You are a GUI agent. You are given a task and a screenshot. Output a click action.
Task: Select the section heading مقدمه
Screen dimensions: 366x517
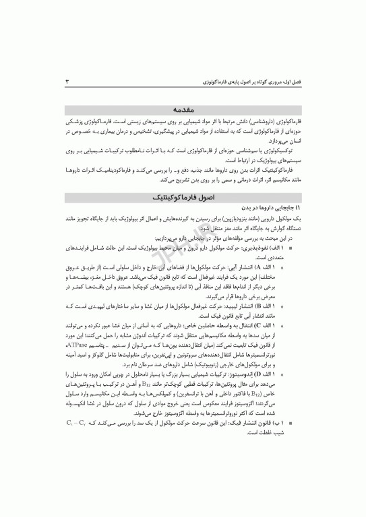pyautogui.click(x=183, y=107)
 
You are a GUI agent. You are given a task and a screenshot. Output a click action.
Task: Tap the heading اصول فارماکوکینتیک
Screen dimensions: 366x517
pyautogui.click(x=183, y=199)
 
